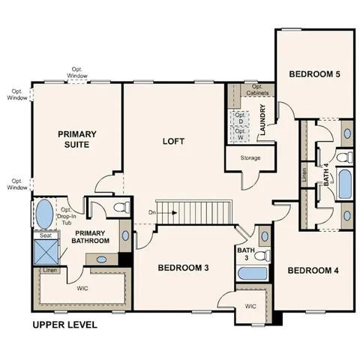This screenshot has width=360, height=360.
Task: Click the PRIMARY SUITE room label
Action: point(78,139)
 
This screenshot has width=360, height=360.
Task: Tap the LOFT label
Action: point(174,140)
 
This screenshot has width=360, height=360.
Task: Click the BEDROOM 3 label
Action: point(182,266)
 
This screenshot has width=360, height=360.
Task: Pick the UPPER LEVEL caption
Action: point(64,325)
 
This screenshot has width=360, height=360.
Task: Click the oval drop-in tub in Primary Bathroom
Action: point(43,213)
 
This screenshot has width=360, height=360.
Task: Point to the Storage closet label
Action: point(250,159)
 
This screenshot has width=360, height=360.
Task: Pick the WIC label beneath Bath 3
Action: point(250,306)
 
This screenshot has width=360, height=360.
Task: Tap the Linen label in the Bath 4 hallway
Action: point(304,175)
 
